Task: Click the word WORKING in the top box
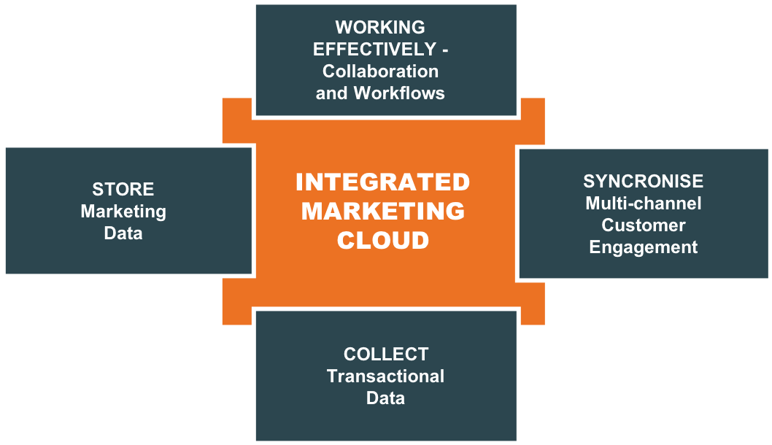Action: pos(379,28)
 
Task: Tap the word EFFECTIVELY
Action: pos(374,50)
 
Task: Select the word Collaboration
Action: pos(380,71)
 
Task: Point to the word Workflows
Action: pos(399,93)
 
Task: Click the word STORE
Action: pos(123,190)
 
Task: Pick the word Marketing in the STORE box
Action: pos(123,212)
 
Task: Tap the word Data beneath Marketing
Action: pos(123,233)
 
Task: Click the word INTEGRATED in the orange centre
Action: pos(382,182)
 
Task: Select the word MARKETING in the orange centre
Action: pos(383,211)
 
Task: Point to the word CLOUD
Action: pos(383,240)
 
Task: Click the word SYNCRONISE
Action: pos(643,182)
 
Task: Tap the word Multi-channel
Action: pos(643,203)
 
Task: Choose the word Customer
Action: pos(643,225)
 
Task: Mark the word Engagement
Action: pos(643,247)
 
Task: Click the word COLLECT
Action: pos(385,355)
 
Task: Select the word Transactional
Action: pos(385,376)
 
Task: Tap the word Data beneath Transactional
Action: pos(385,398)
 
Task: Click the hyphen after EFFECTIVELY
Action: pos(445,50)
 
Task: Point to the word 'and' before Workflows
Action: pos(331,93)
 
